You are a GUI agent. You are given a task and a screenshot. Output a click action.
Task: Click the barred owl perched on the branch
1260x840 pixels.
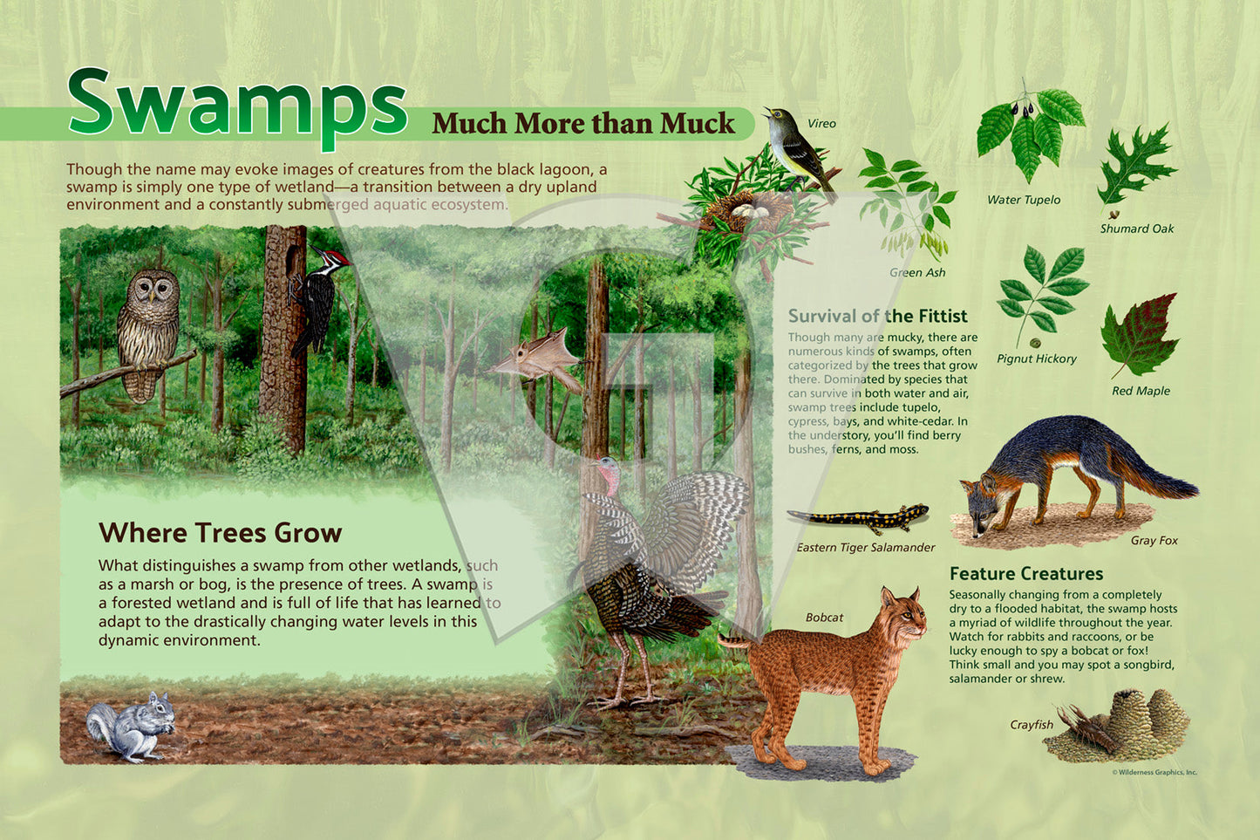click(x=148, y=335)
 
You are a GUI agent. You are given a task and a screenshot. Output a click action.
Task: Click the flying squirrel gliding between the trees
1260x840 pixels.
click(x=535, y=359)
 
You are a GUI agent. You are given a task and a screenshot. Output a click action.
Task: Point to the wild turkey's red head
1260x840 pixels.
click(x=609, y=475)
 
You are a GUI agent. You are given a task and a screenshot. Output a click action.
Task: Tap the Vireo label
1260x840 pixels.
click(x=821, y=124)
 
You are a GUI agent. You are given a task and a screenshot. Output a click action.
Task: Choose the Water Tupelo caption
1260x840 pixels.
click(x=1024, y=200)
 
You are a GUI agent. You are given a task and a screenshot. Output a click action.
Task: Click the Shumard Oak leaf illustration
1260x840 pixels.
click(x=1135, y=165)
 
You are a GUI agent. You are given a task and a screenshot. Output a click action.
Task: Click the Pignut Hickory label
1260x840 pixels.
click(x=1036, y=359)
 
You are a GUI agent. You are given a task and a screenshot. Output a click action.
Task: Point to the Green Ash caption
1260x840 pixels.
click(x=917, y=273)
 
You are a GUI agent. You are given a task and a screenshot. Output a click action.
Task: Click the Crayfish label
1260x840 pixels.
click(x=1031, y=725)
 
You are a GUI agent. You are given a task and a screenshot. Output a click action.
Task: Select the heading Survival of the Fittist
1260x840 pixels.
click(x=877, y=316)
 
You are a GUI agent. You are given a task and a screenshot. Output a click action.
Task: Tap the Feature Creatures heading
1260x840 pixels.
click(x=1026, y=574)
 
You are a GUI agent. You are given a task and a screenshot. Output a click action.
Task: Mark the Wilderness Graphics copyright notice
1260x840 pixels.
click(x=1154, y=773)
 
